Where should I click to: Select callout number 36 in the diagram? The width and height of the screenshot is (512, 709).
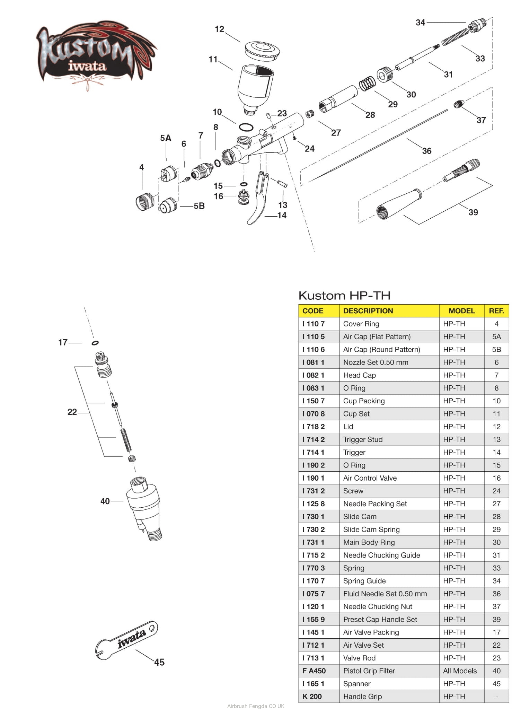coord(426,151)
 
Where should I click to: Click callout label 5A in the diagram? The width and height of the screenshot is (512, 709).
coord(166,138)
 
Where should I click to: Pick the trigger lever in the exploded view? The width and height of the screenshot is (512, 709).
coord(258,201)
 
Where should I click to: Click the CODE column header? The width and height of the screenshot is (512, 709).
coord(313,311)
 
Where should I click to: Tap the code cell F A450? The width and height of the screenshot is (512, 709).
coord(314,671)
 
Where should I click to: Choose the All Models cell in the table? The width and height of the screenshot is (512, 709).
coord(460,671)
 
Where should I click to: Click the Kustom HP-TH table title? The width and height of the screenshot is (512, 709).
coord(344,296)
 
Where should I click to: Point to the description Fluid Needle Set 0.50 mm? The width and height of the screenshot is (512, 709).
coord(385,594)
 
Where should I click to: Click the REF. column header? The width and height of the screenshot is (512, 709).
coord(496,311)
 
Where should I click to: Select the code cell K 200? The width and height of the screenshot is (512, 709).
coord(312,697)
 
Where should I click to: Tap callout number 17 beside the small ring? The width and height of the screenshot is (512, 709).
coord(63,342)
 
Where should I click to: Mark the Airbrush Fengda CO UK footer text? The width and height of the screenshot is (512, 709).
coord(256,706)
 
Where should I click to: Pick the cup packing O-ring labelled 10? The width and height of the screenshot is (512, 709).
coord(246,127)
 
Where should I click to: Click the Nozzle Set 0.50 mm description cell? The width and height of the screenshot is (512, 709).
coord(376,362)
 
